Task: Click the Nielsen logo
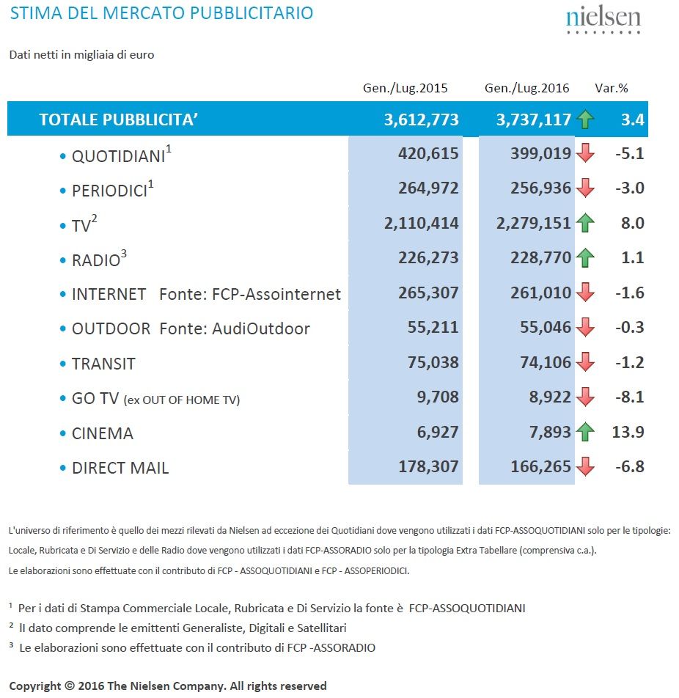pyautogui.click(x=603, y=20)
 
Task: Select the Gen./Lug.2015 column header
pyautogui.click(x=405, y=88)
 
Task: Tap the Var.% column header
pyautogui.click(x=612, y=88)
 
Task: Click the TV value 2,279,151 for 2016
pyautogui.click(x=533, y=223)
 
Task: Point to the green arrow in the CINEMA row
pyautogui.click(x=585, y=431)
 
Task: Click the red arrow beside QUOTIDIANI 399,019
pyautogui.click(x=585, y=153)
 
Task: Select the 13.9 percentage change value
pyautogui.click(x=628, y=432)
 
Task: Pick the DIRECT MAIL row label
pyautogui.click(x=120, y=468)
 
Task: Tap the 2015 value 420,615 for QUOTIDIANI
pyautogui.click(x=428, y=153)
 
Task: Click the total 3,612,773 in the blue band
pyautogui.click(x=421, y=120)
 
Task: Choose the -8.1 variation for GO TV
pyautogui.click(x=630, y=397)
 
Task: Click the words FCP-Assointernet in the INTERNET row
pyautogui.click(x=276, y=294)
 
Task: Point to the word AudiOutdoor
pyautogui.click(x=261, y=328)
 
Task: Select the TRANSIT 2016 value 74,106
pyautogui.click(x=546, y=362)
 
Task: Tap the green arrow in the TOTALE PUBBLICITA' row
pyautogui.click(x=585, y=120)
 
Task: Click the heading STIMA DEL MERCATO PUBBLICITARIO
pyautogui.click(x=161, y=13)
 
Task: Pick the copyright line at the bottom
pyautogui.click(x=168, y=686)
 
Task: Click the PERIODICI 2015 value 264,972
pyautogui.click(x=428, y=188)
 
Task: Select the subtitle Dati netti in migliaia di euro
pyautogui.click(x=81, y=55)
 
